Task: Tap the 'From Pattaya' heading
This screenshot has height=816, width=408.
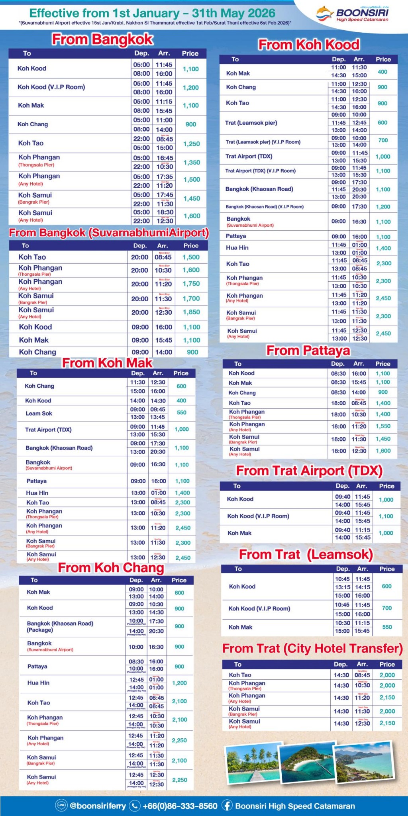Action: [x=308, y=351]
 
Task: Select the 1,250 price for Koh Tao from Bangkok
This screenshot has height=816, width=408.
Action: [x=191, y=144]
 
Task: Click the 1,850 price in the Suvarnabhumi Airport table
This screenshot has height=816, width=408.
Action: [x=191, y=312]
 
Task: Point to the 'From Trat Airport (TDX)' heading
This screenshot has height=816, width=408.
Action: [x=309, y=471]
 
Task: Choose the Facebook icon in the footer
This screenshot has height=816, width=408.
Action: [x=227, y=806]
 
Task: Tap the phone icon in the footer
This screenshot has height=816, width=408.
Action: [x=135, y=806]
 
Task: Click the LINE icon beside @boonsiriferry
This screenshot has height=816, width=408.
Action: [x=61, y=806]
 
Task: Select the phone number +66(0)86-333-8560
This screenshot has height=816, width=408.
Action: [x=180, y=806]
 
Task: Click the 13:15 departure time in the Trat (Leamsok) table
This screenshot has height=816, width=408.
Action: [x=342, y=587]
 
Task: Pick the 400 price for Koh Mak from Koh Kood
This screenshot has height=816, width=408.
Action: [x=382, y=72]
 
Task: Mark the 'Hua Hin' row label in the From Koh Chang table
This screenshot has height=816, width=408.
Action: [x=38, y=683]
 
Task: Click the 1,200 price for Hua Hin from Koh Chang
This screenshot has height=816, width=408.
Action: [x=179, y=683]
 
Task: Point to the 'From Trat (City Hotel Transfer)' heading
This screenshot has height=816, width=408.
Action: [x=312, y=649]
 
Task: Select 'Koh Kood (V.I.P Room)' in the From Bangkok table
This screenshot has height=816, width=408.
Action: [x=51, y=87]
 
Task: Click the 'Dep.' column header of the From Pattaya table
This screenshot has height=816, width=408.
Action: [x=338, y=364]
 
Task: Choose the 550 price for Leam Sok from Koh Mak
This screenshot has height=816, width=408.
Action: [x=181, y=413]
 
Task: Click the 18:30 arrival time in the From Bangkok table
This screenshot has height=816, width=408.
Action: [x=165, y=212]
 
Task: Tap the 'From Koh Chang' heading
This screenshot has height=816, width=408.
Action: [x=111, y=568]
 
